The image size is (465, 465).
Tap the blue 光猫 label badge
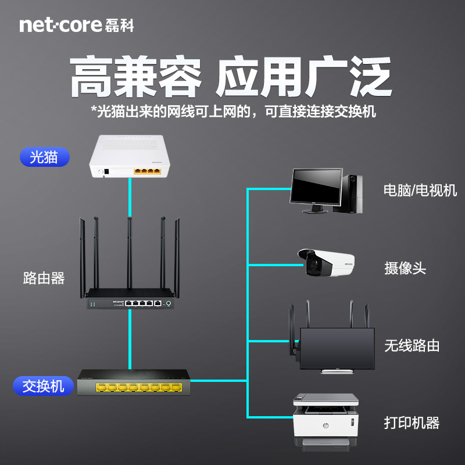click(x=44, y=157)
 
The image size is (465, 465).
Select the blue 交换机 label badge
click(x=44, y=385)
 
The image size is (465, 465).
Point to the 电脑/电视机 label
click(x=420, y=190)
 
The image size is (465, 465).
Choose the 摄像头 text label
click(x=405, y=268)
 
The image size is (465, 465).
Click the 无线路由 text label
click(x=412, y=346)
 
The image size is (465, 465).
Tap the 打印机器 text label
click(x=412, y=423)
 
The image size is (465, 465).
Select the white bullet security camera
click(x=325, y=263)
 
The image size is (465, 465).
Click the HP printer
click(x=326, y=419)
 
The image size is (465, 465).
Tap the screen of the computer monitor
click(x=316, y=187)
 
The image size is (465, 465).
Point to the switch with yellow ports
click(x=134, y=382)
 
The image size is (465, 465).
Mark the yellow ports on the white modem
click(x=146, y=171)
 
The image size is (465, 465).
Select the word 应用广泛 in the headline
click(x=302, y=77)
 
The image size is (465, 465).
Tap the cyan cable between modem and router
click(x=129, y=198)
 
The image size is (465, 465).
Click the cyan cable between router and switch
click(x=129, y=340)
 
